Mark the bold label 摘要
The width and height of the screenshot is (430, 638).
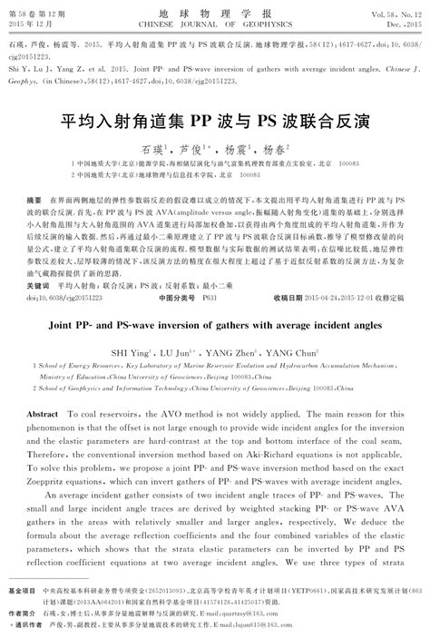37,198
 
